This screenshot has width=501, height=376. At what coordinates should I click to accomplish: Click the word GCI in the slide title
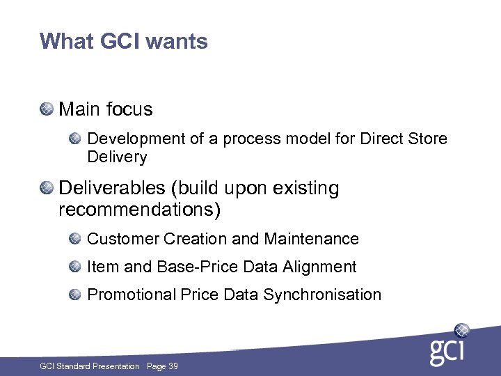pos(121,42)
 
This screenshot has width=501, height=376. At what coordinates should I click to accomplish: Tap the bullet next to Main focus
pos(47,109)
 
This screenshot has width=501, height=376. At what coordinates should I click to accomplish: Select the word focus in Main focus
pos(129,109)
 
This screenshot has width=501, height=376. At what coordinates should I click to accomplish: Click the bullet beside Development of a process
pos(75,139)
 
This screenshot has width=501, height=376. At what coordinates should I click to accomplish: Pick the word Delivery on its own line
pos(117,157)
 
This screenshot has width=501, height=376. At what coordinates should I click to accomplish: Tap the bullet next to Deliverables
pos(47,188)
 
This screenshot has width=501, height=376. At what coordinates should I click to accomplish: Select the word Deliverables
pos(114,188)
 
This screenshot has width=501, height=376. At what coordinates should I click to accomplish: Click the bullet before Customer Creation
pos(75,239)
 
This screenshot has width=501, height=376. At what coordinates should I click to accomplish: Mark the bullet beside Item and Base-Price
pos(75,267)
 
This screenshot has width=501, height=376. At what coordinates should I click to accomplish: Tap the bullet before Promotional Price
pos(75,295)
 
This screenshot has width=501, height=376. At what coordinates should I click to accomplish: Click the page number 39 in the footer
pos(172,366)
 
